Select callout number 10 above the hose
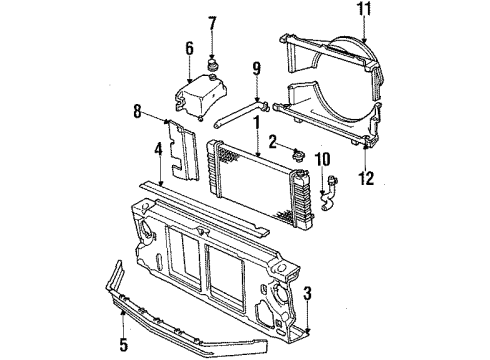click(x=322, y=157)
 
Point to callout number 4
click(x=157, y=153)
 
